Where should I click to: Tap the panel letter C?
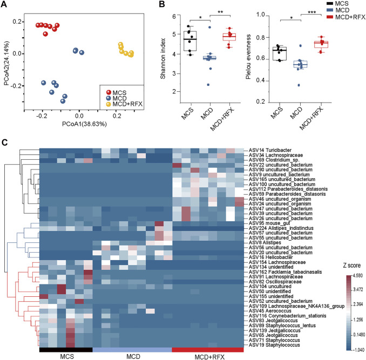(5, 142)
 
